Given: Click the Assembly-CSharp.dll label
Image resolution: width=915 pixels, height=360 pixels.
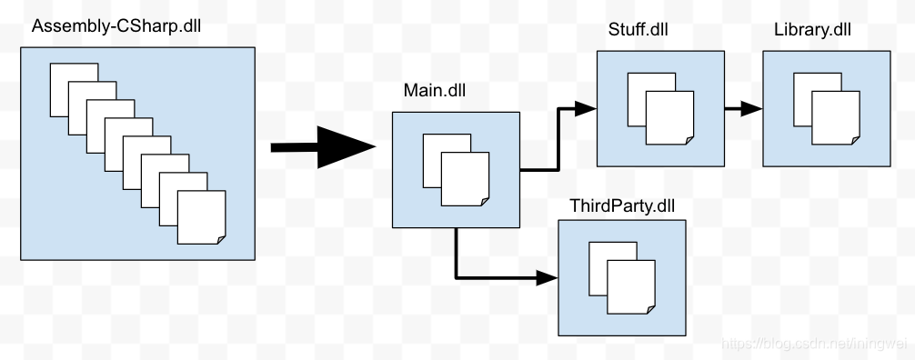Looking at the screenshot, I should (116, 25).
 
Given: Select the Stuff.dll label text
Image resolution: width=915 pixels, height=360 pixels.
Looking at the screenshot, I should (638, 30).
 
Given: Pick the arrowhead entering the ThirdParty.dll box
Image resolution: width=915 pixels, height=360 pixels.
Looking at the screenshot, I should (548, 276).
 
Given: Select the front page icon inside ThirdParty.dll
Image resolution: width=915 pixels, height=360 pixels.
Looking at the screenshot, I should (631, 287).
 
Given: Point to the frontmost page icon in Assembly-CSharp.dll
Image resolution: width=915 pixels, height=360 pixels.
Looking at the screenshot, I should (201, 216).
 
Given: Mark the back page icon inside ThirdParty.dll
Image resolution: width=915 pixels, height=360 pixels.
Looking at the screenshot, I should (598, 256).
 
